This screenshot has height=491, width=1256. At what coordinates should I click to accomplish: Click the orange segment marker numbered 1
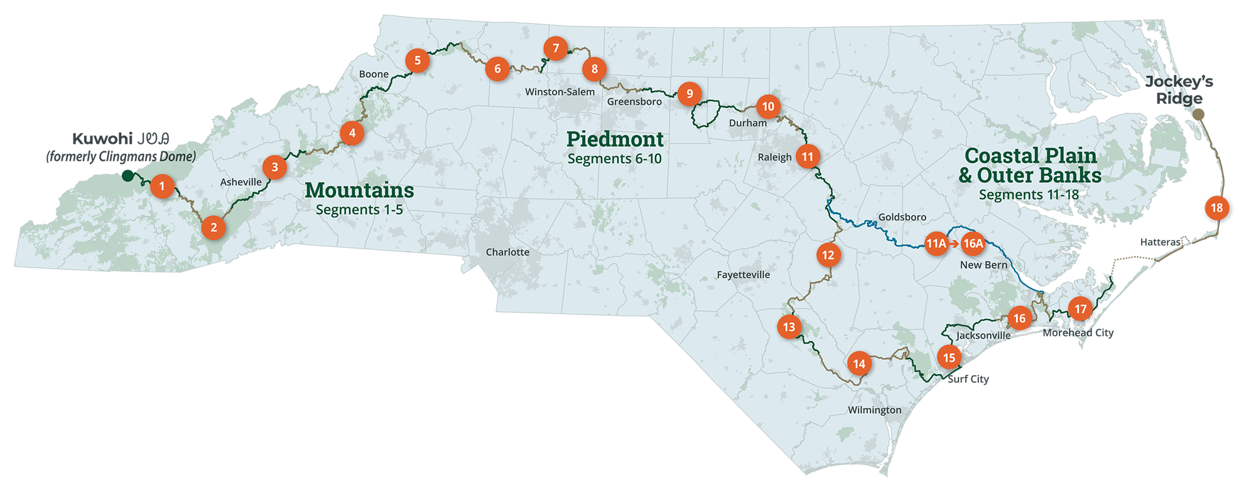(x=162, y=186)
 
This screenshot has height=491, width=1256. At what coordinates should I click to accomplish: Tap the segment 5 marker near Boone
(x=417, y=61)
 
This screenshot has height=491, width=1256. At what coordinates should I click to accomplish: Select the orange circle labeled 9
(x=690, y=94)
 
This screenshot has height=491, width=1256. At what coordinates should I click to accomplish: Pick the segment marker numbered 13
(x=789, y=327)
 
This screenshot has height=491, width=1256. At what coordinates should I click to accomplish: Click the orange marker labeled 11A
(x=936, y=244)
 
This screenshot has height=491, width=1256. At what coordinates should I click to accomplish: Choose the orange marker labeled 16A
(x=973, y=244)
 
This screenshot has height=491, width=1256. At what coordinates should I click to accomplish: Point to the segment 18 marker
(x=1216, y=208)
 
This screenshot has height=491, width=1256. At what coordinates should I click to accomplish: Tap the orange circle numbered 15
(x=949, y=358)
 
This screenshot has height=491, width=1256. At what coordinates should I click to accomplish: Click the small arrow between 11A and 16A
(x=954, y=244)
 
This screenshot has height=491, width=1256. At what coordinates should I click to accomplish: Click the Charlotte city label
(x=507, y=252)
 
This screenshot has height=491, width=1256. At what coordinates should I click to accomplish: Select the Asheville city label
(x=241, y=182)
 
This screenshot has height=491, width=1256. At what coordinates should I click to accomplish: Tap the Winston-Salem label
(x=560, y=92)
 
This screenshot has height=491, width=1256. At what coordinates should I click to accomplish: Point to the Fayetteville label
(x=744, y=275)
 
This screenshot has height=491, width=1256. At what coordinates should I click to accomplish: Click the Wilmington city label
(x=874, y=411)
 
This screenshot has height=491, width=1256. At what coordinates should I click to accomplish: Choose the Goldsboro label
(x=902, y=217)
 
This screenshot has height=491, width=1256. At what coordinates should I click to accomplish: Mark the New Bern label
(x=983, y=265)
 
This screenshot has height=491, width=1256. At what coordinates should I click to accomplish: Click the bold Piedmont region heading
(x=615, y=139)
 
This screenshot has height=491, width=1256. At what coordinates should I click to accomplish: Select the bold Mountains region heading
(x=359, y=190)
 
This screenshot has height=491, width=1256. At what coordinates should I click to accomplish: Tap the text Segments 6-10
(x=614, y=159)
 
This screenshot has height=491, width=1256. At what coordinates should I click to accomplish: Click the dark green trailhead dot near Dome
(x=127, y=173)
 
